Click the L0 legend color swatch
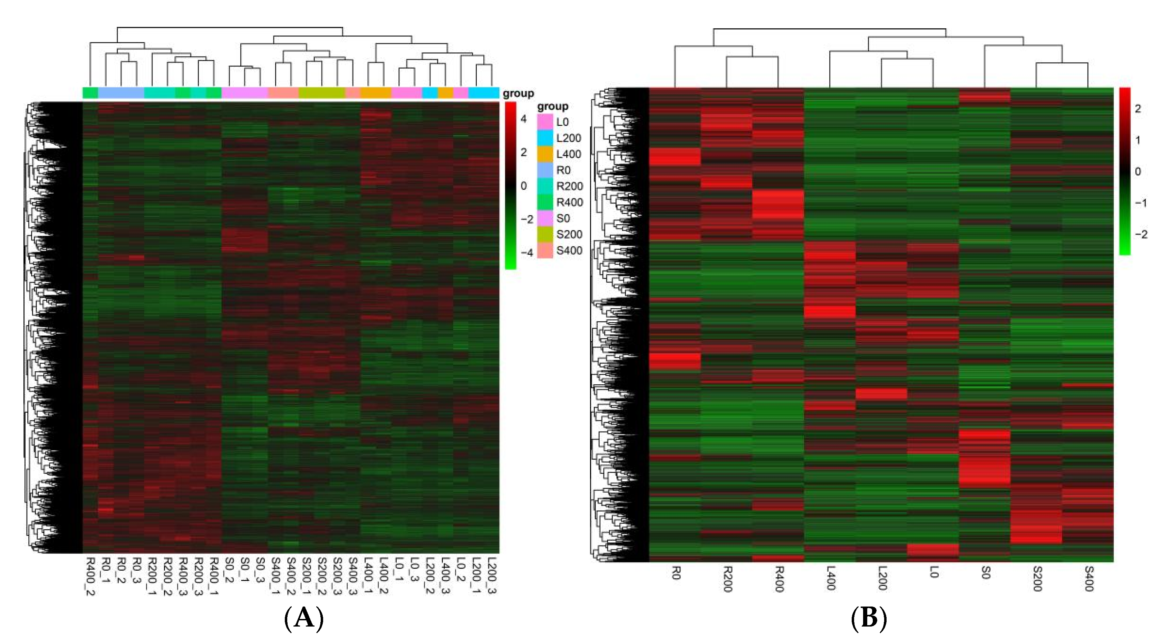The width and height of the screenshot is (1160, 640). [544, 121]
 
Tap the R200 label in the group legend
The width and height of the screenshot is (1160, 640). [569, 186]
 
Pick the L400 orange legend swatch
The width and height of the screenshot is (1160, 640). [544, 154]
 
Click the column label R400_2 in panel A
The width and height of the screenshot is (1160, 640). [90, 577]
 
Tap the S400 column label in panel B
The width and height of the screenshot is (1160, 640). [1089, 578]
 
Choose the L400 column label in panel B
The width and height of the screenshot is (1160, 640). [830, 578]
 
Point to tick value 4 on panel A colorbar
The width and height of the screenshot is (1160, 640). [523, 119]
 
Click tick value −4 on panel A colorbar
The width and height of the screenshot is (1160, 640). [526, 253]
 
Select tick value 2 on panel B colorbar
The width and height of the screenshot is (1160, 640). [1138, 108]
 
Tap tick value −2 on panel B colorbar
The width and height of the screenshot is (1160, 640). [1141, 234]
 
